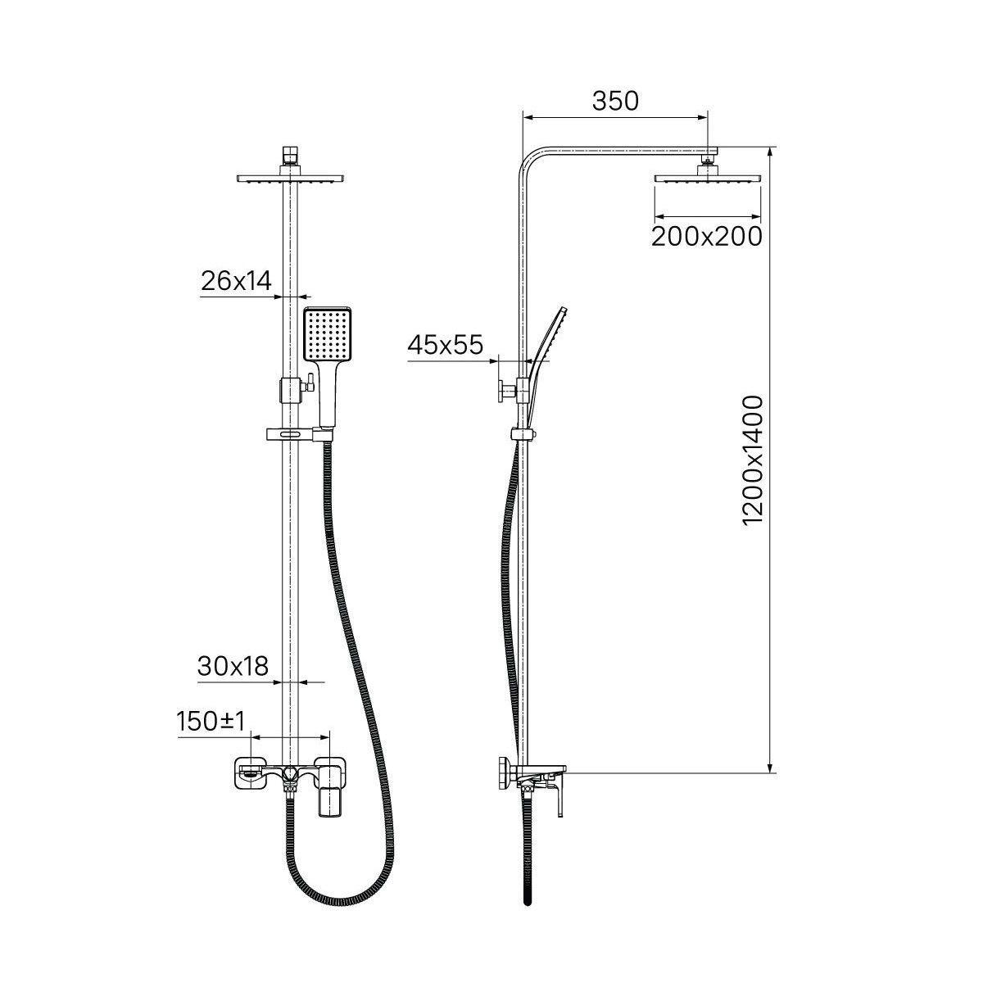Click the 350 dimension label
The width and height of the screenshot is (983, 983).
click(x=614, y=101)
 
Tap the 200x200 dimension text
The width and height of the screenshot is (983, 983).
click(x=707, y=236)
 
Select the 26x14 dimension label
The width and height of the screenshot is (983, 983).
click(x=236, y=281)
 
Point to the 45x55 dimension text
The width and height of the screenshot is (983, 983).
click(x=445, y=346)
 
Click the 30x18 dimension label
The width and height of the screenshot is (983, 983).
click(x=233, y=666)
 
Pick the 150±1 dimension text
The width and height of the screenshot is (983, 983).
click(x=211, y=722)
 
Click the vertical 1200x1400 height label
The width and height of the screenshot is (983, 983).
click(x=752, y=460)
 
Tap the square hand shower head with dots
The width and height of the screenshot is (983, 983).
click(x=327, y=334)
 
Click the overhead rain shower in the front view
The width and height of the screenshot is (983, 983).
click(x=290, y=179)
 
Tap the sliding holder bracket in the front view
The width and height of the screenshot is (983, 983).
click(x=300, y=435)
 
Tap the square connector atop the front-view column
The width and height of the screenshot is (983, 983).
click(x=290, y=156)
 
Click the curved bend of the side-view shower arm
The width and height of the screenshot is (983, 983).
click(x=529, y=158)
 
